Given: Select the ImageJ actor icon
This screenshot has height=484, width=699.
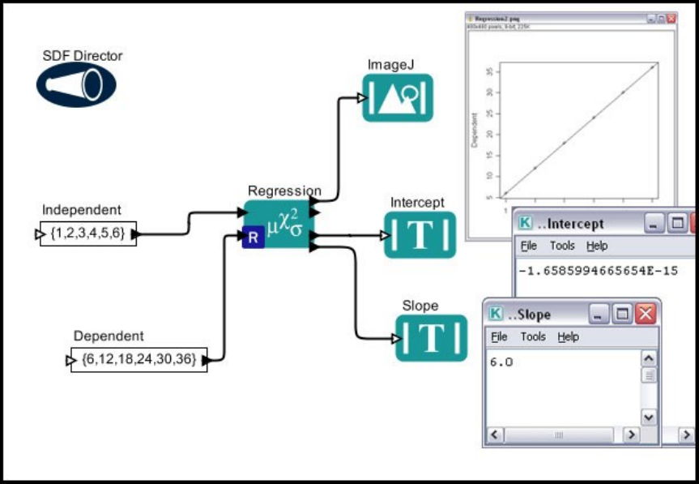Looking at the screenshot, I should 397,97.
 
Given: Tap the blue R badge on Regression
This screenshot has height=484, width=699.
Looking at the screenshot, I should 253,238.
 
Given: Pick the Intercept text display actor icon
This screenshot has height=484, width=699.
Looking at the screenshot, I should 420,234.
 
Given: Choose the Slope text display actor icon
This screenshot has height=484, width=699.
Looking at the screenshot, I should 432,337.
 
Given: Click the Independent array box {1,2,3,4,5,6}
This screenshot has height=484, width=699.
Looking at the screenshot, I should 88,234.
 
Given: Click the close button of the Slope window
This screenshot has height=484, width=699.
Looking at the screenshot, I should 646,314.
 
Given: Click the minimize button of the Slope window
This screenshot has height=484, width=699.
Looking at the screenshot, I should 599,314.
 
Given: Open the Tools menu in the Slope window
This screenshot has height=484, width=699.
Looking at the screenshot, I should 533,336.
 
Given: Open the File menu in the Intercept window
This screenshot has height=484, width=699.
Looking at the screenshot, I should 528,246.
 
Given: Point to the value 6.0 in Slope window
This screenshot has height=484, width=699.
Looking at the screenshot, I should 501,362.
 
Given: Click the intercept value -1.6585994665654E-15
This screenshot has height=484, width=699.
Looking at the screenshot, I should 598,270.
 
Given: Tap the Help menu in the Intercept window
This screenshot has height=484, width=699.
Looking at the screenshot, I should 596,246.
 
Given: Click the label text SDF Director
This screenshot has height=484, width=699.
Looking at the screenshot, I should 83,56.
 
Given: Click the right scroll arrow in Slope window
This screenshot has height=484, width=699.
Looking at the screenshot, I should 630,435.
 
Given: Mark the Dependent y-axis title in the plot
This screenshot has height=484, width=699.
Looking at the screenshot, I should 475,130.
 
